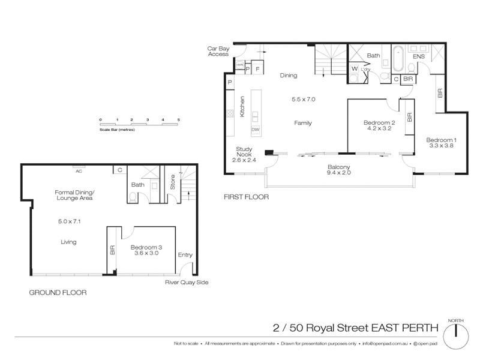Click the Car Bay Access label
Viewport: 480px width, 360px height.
(x=218, y=51)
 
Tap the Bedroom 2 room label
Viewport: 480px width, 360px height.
(x=377, y=122)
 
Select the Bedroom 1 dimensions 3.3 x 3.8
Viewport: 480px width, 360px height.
(x=440, y=146)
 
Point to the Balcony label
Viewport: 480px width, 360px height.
(x=339, y=167)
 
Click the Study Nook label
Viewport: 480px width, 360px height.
(x=244, y=152)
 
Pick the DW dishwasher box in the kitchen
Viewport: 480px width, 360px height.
(x=256, y=130)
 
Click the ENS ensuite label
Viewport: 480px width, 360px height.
(x=419, y=56)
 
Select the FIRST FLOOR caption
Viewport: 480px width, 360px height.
(x=246, y=197)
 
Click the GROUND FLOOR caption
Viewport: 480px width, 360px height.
(x=58, y=293)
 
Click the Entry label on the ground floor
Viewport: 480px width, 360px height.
(x=185, y=255)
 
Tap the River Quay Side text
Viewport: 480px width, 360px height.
(x=187, y=283)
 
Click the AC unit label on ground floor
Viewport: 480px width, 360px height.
(x=79, y=170)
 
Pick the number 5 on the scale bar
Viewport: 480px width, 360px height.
(x=178, y=120)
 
